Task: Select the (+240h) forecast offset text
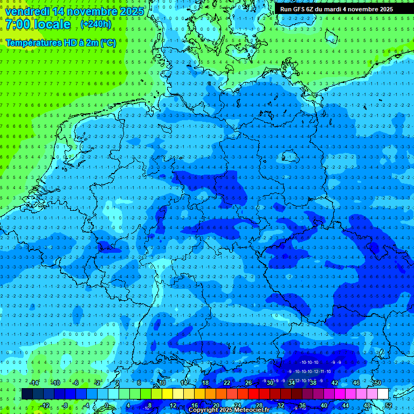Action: [95, 24]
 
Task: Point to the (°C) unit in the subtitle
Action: [108, 42]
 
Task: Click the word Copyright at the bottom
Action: [203, 410]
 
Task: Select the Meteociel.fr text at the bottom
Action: [252, 410]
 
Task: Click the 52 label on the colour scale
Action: [389, 405]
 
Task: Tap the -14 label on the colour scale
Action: [34, 383]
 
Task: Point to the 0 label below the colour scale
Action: [107, 405]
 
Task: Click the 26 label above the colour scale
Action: [248, 383]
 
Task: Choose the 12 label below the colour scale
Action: [172, 405]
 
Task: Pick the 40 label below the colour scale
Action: [323, 405]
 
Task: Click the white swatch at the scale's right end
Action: [383, 394]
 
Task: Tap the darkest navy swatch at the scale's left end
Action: [27, 394]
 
